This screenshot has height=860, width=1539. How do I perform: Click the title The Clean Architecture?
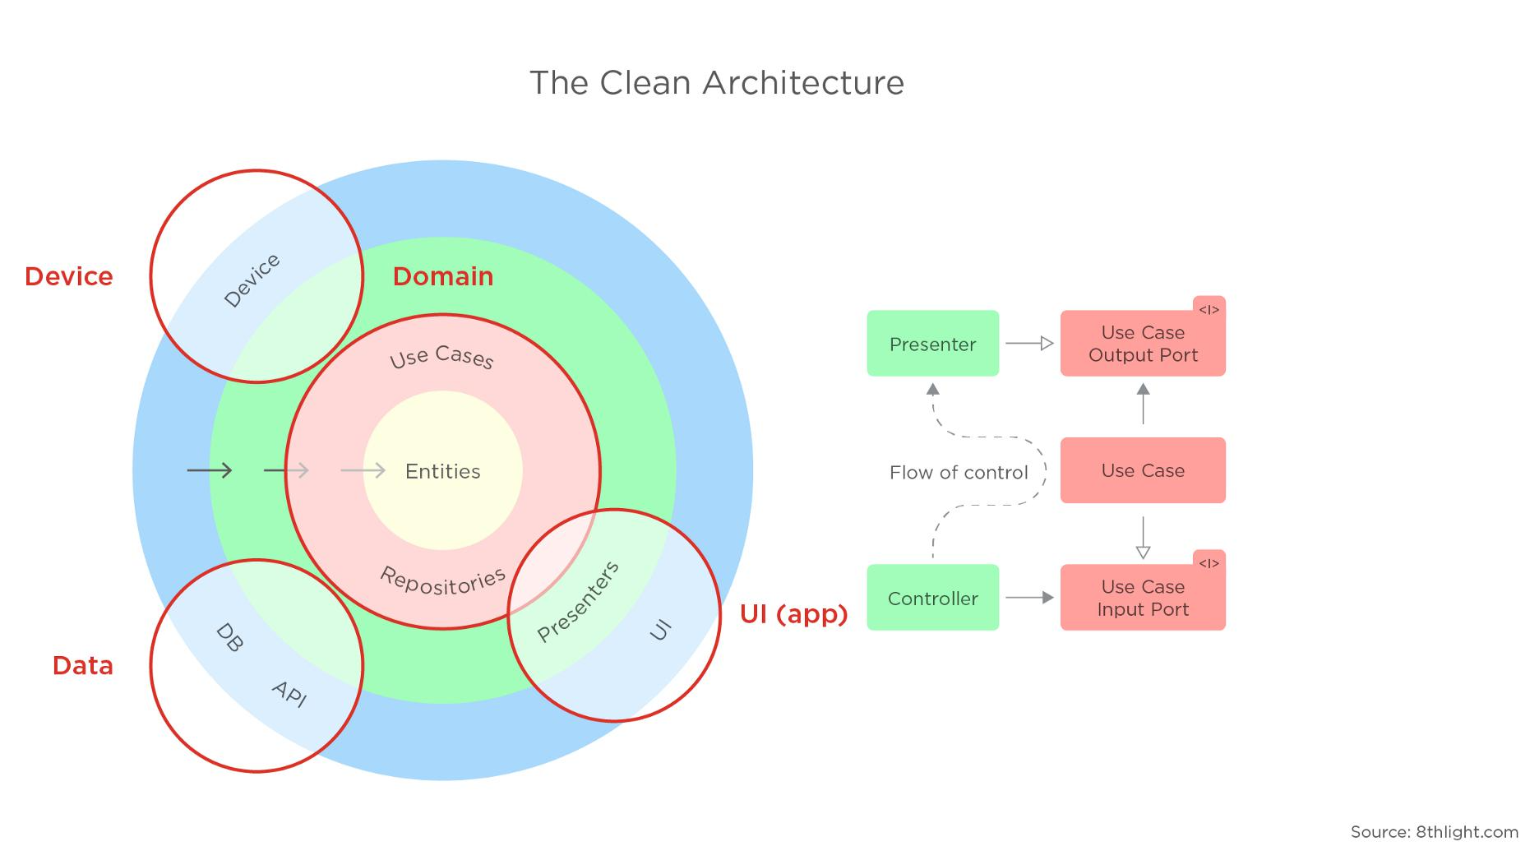click(716, 83)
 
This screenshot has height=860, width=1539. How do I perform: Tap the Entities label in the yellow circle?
click(442, 471)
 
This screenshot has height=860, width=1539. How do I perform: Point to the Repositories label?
click(442, 580)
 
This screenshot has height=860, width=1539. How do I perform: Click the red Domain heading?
click(442, 276)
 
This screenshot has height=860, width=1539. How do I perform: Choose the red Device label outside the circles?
click(69, 276)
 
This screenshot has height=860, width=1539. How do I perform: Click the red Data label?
click(82, 665)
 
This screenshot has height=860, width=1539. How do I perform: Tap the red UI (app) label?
click(793, 613)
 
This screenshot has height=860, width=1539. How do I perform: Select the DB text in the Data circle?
click(229, 638)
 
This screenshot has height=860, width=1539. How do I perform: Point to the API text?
click(289, 694)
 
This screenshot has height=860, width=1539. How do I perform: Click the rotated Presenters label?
click(577, 602)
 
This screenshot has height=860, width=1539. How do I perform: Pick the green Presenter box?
click(932, 344)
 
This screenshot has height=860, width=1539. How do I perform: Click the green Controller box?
click(932, 598)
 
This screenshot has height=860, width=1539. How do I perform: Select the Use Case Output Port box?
click(1142, 344)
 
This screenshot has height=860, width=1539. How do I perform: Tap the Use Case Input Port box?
click(1142, 598)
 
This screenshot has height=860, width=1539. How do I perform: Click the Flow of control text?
click(958, 473)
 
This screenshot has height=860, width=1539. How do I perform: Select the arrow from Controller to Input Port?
click(1029, 598)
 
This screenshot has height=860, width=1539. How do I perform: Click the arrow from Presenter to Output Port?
click(1029, 344)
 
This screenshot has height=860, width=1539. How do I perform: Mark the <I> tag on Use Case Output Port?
click(1209, 310)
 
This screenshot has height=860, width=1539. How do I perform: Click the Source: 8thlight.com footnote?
click(1434, 832)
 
